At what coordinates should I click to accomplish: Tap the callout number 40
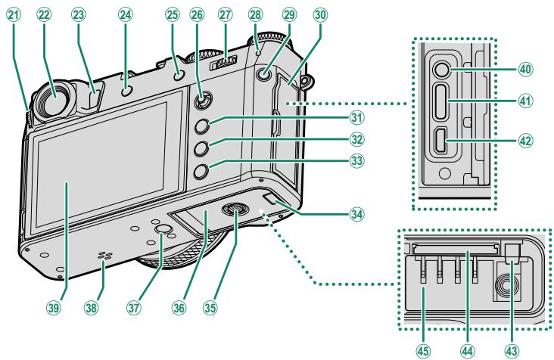tap(523, 67)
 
